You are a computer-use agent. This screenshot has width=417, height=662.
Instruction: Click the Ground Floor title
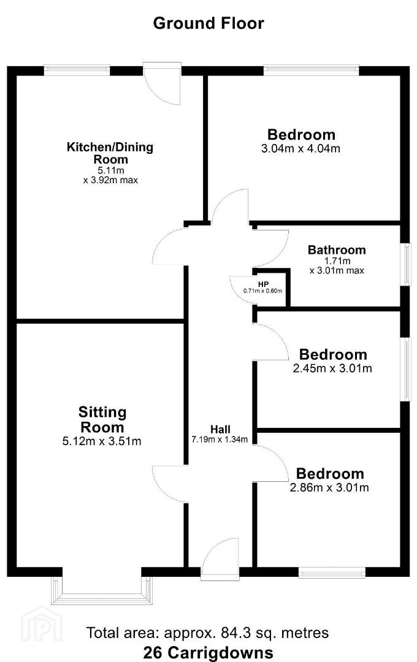(208, 23)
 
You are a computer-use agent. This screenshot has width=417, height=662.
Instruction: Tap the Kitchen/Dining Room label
(110, 153)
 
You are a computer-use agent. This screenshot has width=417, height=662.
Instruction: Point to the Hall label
(220, 430)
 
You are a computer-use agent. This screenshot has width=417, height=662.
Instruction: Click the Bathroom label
(337, 250)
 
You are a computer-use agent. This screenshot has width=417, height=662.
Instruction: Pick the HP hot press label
(263, 284)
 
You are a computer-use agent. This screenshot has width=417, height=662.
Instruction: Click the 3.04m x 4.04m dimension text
(301, 148)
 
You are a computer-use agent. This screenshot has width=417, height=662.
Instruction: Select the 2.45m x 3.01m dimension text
(332, 368)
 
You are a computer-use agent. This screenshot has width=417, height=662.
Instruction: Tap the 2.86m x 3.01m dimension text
(329, 488)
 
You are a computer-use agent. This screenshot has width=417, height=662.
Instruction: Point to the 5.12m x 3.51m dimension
(102, 441)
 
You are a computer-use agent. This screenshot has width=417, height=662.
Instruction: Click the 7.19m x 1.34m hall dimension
(220, 439)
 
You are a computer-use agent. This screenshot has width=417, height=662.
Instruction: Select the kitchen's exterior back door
(163, 85)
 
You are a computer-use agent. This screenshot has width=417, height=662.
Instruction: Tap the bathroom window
(406, 264)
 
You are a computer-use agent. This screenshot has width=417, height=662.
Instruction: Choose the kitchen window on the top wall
(77, 70)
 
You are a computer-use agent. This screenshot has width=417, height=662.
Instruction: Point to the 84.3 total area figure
(234, 633)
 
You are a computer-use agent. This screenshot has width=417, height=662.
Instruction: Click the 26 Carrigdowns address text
(208, 652)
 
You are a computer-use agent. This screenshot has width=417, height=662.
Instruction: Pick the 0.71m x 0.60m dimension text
(263, 291)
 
